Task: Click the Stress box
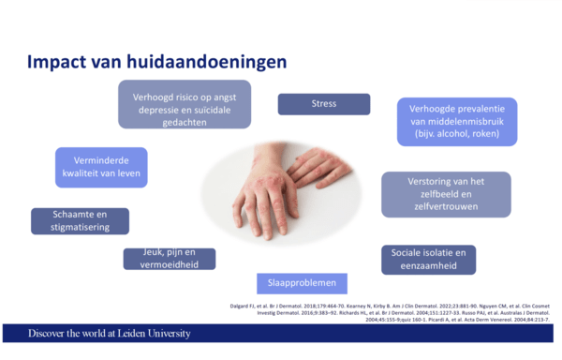pyautogui.click(x=323, y=103)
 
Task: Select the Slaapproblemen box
pyautogui.click(x=303, y=283)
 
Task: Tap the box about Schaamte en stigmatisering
pyautogui.click(x=80, y=220)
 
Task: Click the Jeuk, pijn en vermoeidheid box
pyautogui.click(x=169, y=259)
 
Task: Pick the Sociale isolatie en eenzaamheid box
pyautogui.click(x=428, y=260)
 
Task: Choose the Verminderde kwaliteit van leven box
pyautogui.click(x=101, y=167)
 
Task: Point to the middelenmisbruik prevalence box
pyautogui.click(x=456, y=121)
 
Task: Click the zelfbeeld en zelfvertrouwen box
pyautogui.click(x=446, y=194)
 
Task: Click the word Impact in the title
pyautogui.click(x=57, y=63)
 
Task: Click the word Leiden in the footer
pyautogui.click(x=124, y=334)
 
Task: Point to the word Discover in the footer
pyautogui.click(x=50, y=334)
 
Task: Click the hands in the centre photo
pyautogui.click(x=281, y=183)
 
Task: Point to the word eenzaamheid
pyautogui.click(x=428, y=266)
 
